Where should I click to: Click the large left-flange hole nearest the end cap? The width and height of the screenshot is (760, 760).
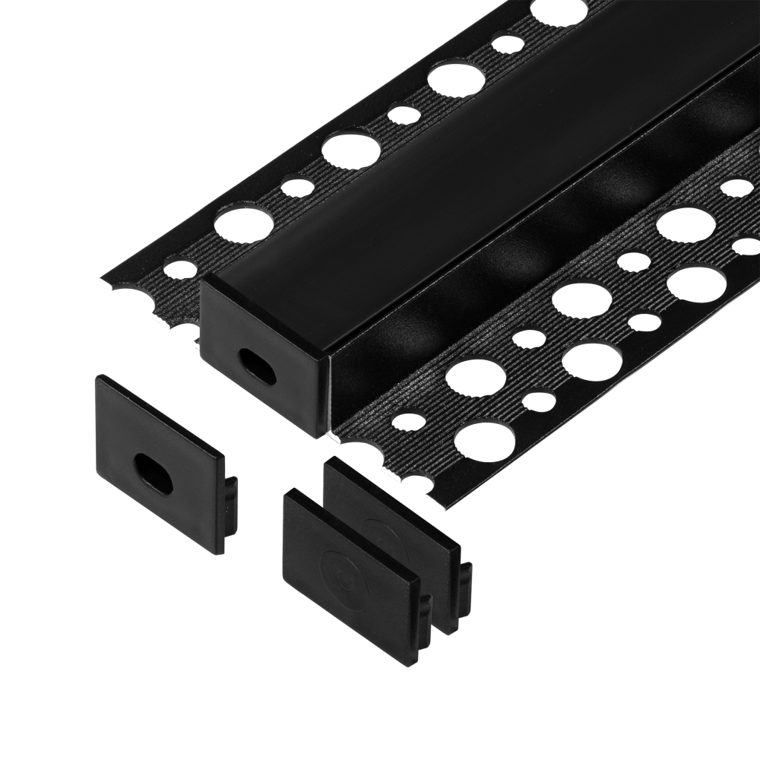coord(243,220)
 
